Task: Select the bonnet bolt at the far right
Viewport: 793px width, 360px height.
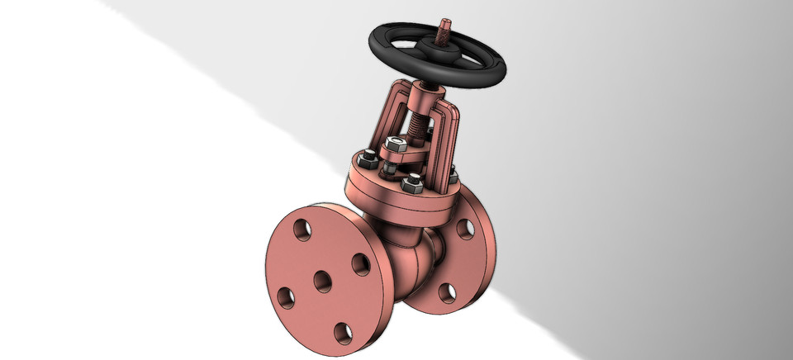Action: coord(453,174)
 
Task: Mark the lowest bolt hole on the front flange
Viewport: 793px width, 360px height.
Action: coord(342,334)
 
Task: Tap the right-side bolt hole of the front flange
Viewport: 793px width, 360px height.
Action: coord(360,263)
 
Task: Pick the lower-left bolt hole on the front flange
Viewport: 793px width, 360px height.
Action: coord(286,295)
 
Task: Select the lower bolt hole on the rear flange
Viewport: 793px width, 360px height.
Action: coord(447,291)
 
